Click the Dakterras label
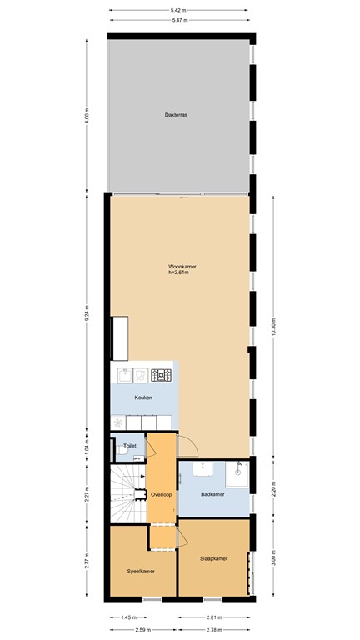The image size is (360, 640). (x=176, y=115)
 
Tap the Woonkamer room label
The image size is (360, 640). (x=181, y=267)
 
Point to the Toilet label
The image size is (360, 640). (x=129, y=446)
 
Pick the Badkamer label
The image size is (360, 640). (x=213, y=495)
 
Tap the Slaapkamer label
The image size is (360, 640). (x=212, y=558)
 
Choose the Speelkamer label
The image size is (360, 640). (x=140, y=572)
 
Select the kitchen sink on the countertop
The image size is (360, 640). (x=125, y=375)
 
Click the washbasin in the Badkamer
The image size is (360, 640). (x=203, y=468)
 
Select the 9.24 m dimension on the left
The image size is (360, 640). (x=87, y=315)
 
